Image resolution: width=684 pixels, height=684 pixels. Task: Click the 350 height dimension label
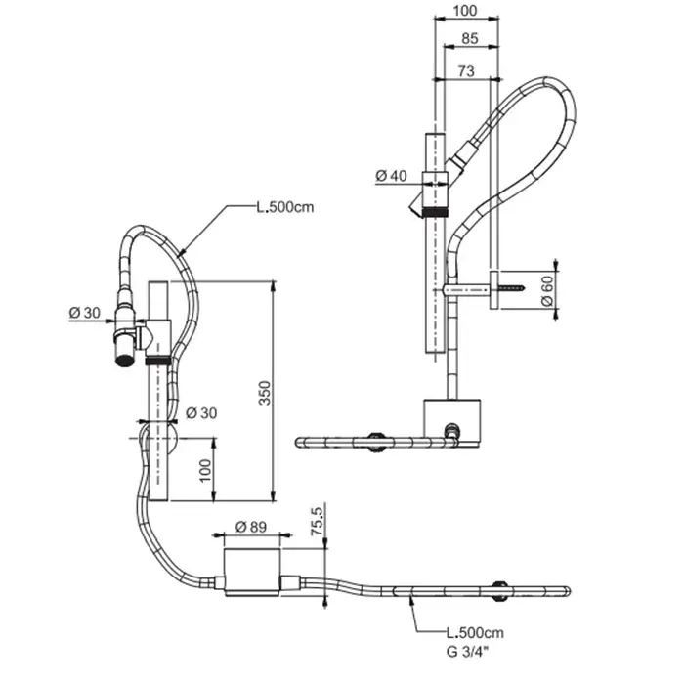point(265,393)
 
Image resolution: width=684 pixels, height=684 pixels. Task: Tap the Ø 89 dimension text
point(251,527)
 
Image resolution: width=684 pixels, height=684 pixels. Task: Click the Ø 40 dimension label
point(391,176)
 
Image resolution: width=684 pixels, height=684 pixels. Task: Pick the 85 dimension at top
point(469,38)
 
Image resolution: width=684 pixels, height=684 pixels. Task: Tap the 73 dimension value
point(466,70)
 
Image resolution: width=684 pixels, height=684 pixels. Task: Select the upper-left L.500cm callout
point(285,207)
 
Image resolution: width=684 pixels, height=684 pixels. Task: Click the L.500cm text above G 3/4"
point(475,632)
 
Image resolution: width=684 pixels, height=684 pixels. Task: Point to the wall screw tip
point(525,288)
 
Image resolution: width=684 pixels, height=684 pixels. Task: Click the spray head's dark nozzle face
point(125,362)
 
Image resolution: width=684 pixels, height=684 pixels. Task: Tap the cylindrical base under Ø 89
point(252,572)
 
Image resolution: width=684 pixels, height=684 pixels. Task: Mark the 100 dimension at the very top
point(465,11)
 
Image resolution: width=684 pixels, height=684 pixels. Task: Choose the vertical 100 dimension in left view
point(205,470)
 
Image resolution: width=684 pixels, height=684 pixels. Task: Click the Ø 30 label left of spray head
point(85,313)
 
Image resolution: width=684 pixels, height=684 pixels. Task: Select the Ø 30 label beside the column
point(201,412)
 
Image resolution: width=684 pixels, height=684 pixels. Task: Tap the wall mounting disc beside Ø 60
point(493,290)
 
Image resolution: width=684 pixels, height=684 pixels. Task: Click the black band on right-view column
point(435,212)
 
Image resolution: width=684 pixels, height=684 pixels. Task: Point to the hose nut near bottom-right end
point(498,591)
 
